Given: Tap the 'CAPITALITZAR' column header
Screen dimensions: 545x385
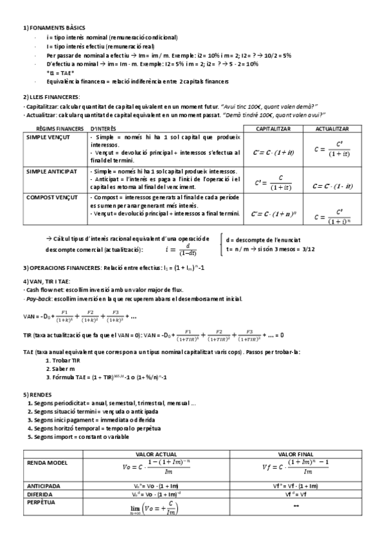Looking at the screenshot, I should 273,129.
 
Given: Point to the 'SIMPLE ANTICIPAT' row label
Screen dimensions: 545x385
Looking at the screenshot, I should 51,172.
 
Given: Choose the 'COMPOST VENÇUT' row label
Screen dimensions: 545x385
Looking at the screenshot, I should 51,197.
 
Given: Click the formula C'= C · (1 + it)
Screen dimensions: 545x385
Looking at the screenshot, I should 273,153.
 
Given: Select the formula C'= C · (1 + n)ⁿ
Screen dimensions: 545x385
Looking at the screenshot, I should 273,213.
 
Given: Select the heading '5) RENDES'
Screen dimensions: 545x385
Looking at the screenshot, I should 35,394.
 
